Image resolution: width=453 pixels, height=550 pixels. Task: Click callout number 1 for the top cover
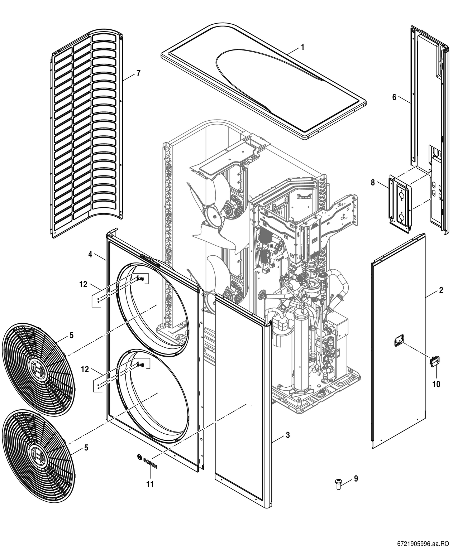point(302,47)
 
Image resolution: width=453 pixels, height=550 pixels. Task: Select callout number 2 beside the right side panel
point(441,290)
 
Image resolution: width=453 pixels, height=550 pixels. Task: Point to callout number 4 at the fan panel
point(90,255)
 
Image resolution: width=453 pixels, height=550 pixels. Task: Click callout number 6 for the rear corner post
point(394,97)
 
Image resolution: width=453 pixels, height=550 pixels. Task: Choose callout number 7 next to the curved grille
point(138,73)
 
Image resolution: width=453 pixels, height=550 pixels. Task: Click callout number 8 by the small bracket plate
point(373,183)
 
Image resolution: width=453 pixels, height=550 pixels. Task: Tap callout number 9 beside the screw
point(356,478)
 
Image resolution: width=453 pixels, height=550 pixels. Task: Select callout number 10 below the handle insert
point(436,384)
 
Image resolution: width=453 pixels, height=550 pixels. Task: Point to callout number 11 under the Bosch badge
point(150,484)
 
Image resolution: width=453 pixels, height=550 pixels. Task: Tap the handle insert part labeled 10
point(435,362)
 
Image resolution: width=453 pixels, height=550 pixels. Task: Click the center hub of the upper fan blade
point(214,216)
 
